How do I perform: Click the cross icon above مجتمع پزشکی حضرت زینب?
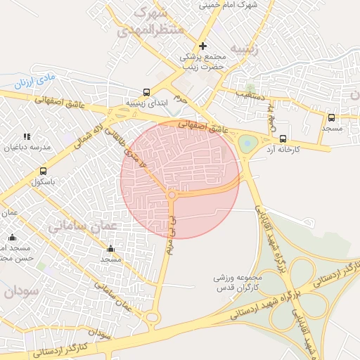(203, 46)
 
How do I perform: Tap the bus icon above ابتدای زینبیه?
(146, 92)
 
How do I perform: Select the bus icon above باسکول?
(44, 171)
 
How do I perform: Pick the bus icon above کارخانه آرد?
(283, 139)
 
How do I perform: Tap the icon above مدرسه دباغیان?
(27, 136)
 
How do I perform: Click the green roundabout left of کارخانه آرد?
(247, 144)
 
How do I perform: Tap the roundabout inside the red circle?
(172, 195)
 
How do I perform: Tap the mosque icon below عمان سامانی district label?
(110, 249)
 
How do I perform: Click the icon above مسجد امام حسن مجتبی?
(13, 238)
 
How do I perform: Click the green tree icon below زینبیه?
(251, 88)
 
